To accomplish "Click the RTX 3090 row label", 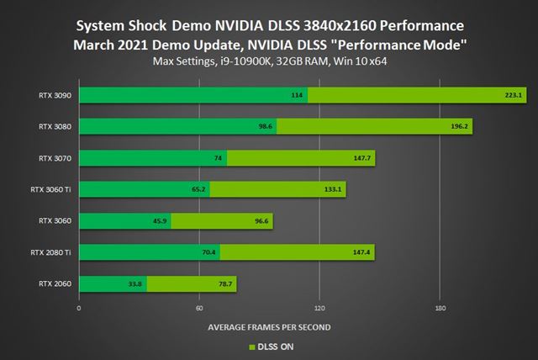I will tap(52, 95).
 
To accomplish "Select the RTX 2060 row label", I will tap(52, 283).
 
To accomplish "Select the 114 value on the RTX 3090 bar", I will tap(297, 95).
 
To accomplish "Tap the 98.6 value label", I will tap(265, 127).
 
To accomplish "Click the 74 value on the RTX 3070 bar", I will tap(217, 158).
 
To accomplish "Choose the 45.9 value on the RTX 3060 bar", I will tap(160, 221).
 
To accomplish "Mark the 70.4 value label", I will tap(208, 252).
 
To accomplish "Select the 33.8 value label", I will tap(135, 283).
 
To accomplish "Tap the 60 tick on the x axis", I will tap(199, 308).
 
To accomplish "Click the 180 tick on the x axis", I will tap(440, 308).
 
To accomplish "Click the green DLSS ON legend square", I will tap(250, 346).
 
